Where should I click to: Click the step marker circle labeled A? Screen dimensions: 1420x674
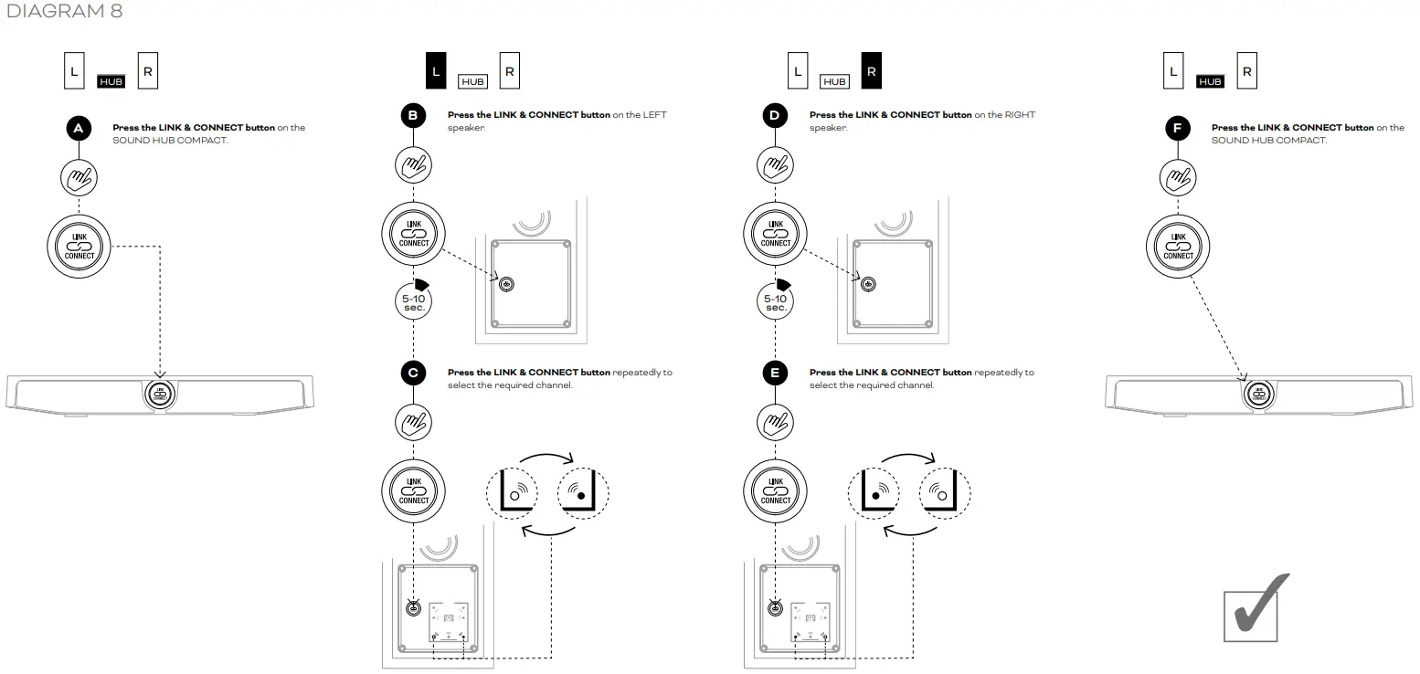click(x=79, y=129)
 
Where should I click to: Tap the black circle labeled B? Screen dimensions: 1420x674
click(x=413, y=116)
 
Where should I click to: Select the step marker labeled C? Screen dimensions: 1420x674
click(x=413, y=373)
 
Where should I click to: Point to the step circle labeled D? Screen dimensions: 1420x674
click(x=775, y=116)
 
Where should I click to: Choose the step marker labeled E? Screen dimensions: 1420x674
click(x=775, y=373)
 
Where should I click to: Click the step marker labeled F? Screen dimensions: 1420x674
click(x=1178, y=129)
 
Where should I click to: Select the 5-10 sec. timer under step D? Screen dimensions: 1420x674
click(x=775, y=301)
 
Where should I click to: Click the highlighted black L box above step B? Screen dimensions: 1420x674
click(x=436, y=71)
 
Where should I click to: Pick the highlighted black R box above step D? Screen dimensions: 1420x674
click(x=872, y=71)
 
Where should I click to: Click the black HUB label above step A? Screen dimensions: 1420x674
click(x=111, y=81)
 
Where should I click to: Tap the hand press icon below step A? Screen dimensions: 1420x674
click(x=79, y=177)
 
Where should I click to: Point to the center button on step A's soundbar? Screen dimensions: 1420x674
click(x=159, y=395)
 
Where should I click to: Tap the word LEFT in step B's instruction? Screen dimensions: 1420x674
click(x=654, y=115)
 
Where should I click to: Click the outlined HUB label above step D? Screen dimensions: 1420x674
click(x=834, y=81)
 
